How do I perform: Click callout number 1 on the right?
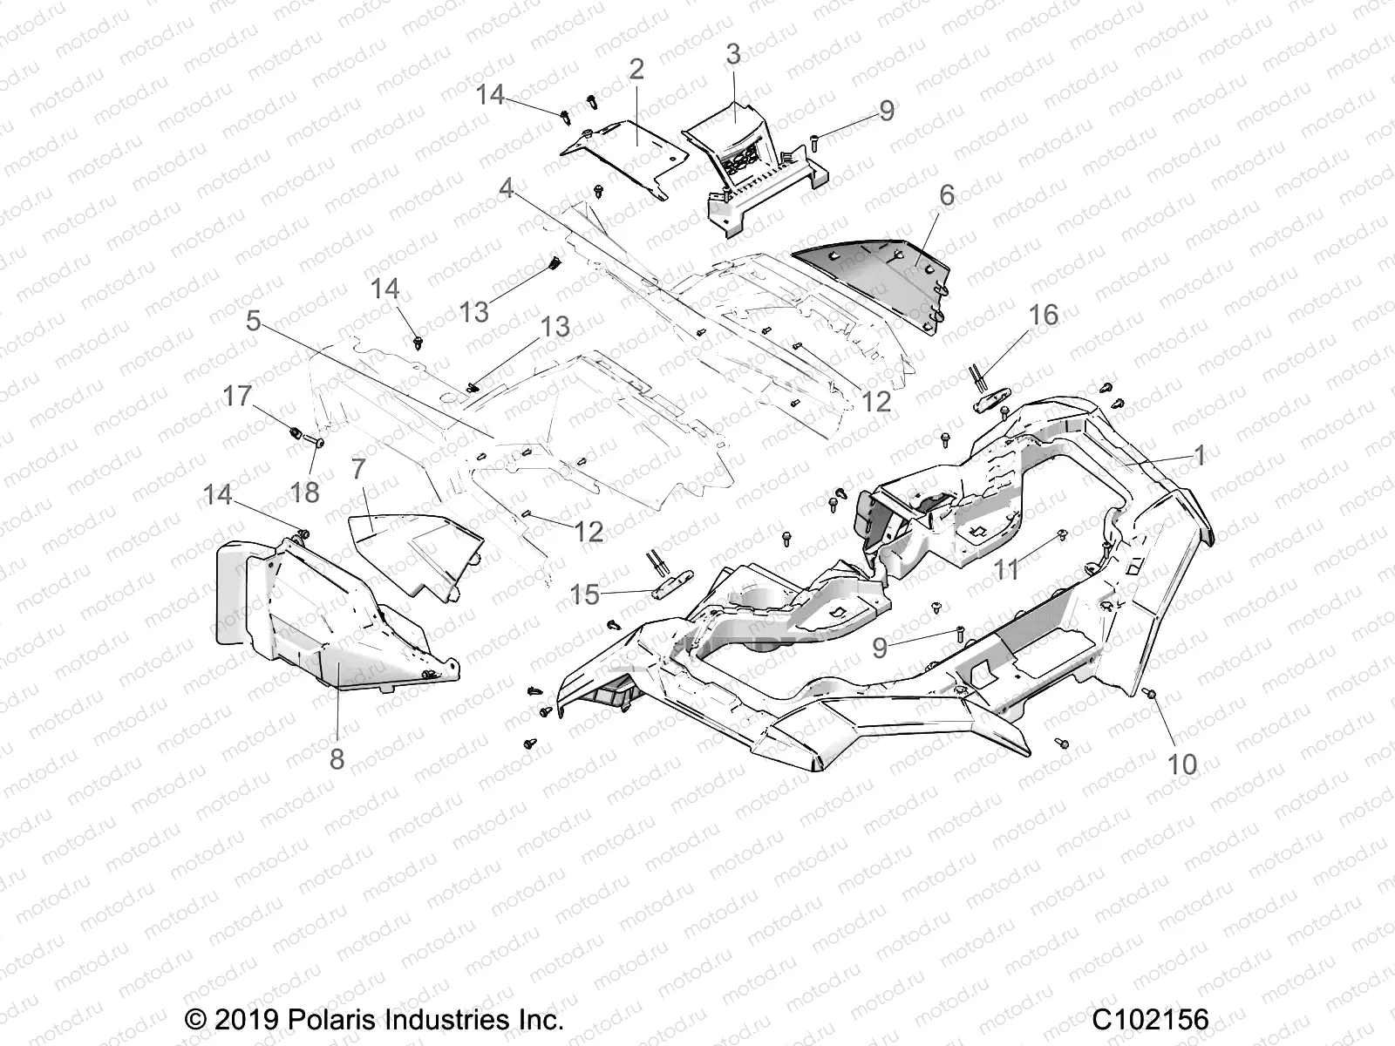pos(1199,455)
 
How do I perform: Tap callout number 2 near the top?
pos(636,70)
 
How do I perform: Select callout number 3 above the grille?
pos(733,54)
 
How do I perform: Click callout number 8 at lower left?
pos(337,759)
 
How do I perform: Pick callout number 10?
pos(1182,764)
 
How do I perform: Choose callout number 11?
pos(1007,570)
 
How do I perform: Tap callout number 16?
pos(1044,315)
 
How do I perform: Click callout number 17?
pos(237,397)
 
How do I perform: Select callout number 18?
pos(305,492)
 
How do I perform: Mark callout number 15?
pos(585,595)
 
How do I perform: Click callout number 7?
pos(358,469)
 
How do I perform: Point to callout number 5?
pos(253,321)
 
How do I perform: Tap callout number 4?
pos(506,187)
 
